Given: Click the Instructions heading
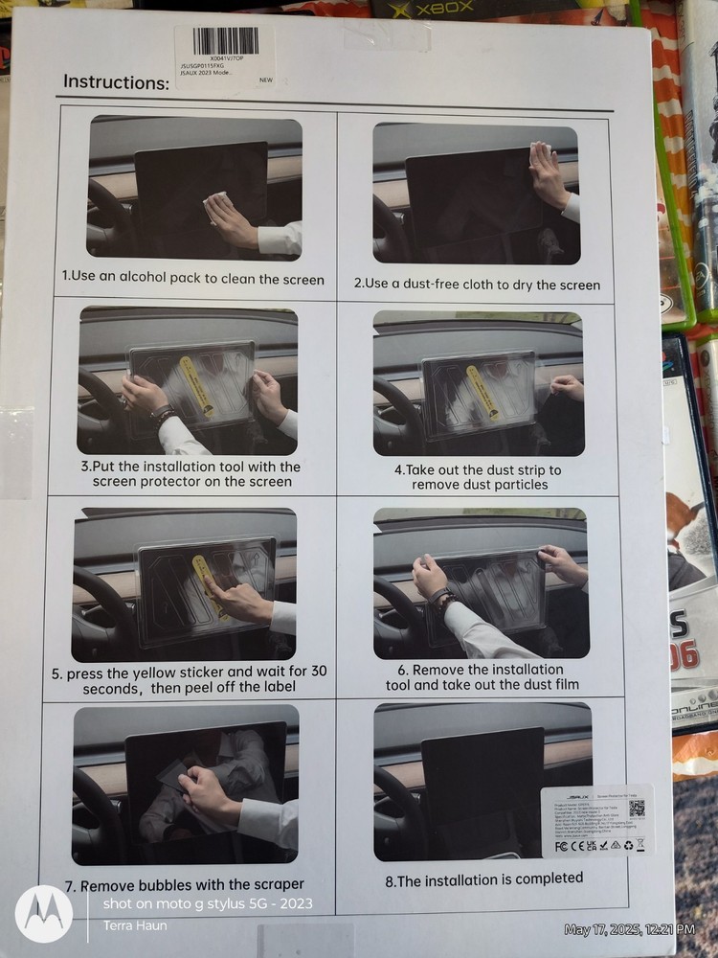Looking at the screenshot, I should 116,81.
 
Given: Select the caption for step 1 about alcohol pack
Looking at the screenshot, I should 193,279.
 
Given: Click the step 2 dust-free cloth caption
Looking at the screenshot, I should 477,285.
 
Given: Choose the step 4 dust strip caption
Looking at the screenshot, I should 478,477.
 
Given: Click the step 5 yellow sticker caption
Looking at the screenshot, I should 189,679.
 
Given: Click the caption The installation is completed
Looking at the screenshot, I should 483,878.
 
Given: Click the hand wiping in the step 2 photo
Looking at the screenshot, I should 549,173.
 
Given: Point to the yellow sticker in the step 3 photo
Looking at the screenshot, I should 191,383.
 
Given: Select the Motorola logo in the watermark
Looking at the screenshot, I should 44,912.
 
